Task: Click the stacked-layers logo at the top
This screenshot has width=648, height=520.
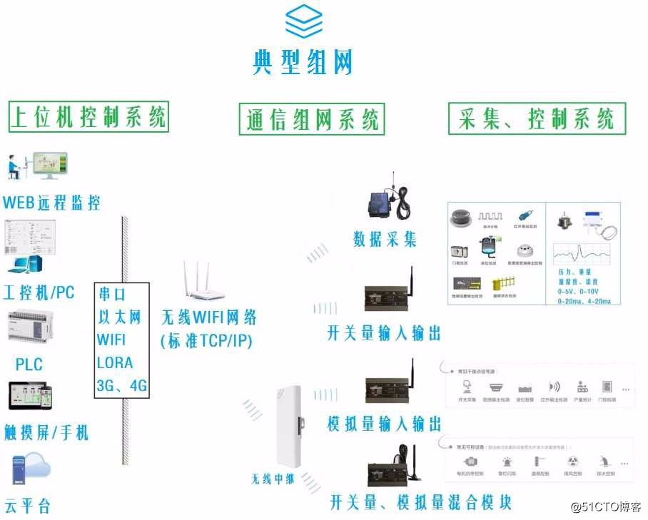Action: point(303,21)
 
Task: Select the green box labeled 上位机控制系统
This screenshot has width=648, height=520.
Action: point(88,116)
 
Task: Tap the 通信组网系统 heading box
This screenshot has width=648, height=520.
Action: point(311,119)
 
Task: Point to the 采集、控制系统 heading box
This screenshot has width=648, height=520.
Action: point(537,118)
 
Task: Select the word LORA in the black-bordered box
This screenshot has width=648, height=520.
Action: point(115,362)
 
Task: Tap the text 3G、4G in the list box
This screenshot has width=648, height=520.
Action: point(122,385)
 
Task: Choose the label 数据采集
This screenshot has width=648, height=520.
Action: point(385,239)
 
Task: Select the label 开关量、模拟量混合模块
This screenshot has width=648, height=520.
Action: point(420,502)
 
